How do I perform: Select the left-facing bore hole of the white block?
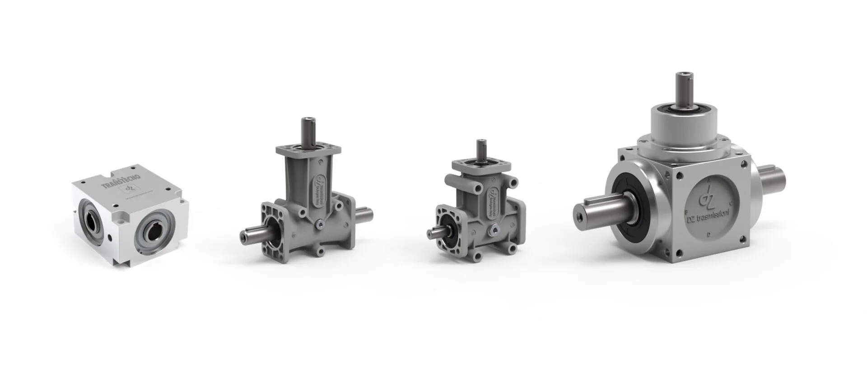tap(90, 215)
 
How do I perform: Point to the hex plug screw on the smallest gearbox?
tap(496, 231)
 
